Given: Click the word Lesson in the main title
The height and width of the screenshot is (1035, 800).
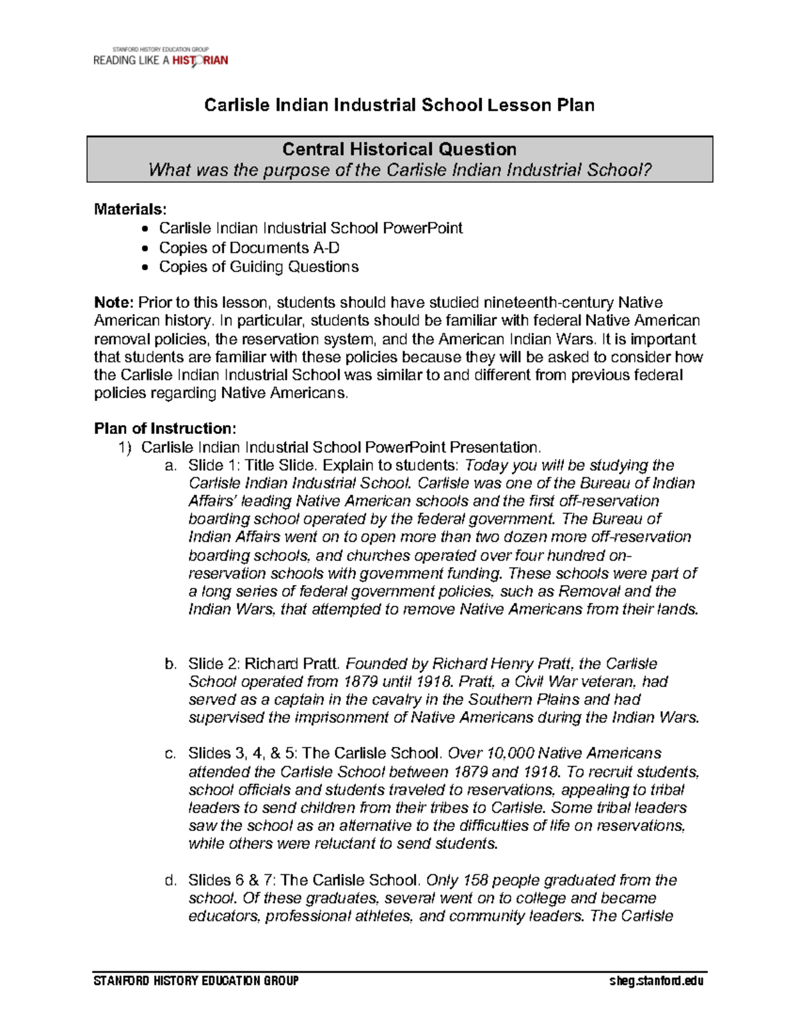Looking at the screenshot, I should [517, 105].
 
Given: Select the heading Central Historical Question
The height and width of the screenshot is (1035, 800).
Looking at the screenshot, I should [399, 149].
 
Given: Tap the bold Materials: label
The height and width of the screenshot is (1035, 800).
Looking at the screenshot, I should [130, 209].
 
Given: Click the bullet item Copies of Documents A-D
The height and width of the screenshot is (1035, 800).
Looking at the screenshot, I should [249, 248].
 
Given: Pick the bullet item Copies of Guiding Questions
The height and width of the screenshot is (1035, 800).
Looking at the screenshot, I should [258, 267].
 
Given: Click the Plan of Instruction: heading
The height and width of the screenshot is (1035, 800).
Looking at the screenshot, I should [165, 429].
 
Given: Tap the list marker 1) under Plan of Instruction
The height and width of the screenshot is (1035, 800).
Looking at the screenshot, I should [125, 447].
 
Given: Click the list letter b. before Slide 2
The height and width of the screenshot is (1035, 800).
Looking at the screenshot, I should [171, 664].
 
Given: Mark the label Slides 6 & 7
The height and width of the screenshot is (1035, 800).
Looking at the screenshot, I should [232, 880].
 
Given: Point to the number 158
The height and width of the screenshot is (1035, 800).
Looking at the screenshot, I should [475, 880].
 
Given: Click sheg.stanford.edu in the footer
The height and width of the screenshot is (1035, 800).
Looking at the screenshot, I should [656, 981].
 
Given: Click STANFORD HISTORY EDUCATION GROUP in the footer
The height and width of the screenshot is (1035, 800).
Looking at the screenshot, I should [196, 981].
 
